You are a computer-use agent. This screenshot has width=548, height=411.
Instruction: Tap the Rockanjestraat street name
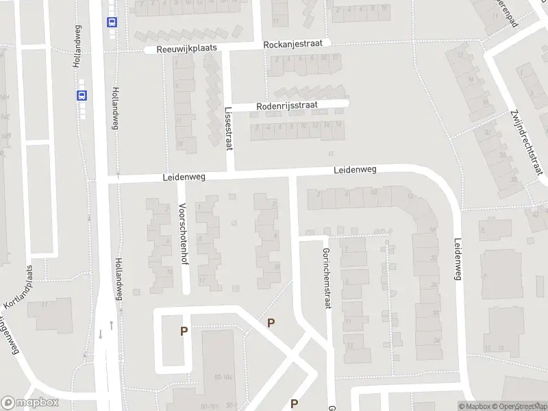(x=297, y=44)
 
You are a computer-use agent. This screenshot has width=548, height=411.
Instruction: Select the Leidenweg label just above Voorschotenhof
(x=184, y=177)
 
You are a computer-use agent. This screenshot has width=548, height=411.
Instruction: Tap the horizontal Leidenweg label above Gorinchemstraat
(x=356, y=169)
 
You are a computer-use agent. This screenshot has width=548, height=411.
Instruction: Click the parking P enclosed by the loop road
(x=184, y=332)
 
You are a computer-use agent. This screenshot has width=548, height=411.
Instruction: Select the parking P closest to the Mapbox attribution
(x=295, y=403)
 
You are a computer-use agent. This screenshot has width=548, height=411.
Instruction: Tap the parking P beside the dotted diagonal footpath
(x=271, y=323)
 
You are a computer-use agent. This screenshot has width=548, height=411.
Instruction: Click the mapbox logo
(x=30, y=403)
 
